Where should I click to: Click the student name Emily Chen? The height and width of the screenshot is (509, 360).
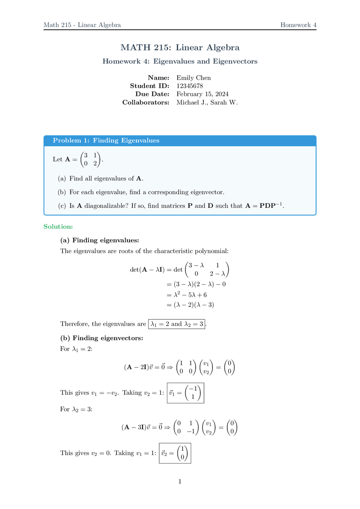[x=193, y=78]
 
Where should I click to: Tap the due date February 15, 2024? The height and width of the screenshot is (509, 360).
[x=202, y=94]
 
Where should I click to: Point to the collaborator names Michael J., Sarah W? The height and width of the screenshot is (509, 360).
[x=207, y=102]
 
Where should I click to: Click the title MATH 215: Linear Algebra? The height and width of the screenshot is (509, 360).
[x=180, y=47]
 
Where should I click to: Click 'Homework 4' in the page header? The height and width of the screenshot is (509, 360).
[x=298, y=25]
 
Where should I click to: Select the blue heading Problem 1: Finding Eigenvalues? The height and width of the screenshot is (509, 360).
[x=106, y=141]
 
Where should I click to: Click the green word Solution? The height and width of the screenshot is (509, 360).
[x=58, y=226]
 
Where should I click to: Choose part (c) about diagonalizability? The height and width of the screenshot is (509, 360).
[x=171, y=205]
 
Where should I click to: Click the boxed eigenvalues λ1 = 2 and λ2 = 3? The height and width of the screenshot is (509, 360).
[x=176, y=324]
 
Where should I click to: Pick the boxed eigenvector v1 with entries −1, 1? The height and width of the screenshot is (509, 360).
[x=185, y=393]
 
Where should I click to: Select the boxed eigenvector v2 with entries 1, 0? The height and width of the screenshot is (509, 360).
[x=175, y=453]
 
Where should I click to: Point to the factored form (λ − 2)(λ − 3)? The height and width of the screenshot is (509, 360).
[x=188, y=305]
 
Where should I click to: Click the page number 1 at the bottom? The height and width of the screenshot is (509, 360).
[x=180, y=482]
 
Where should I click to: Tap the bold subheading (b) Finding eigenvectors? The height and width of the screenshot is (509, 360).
[x=102, y=338]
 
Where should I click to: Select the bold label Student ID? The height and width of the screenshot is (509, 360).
[x=149, y=86]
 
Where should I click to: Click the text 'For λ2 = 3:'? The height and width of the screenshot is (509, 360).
[x=76, y=410]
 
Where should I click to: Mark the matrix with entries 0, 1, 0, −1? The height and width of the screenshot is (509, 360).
[x=185, y=428]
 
